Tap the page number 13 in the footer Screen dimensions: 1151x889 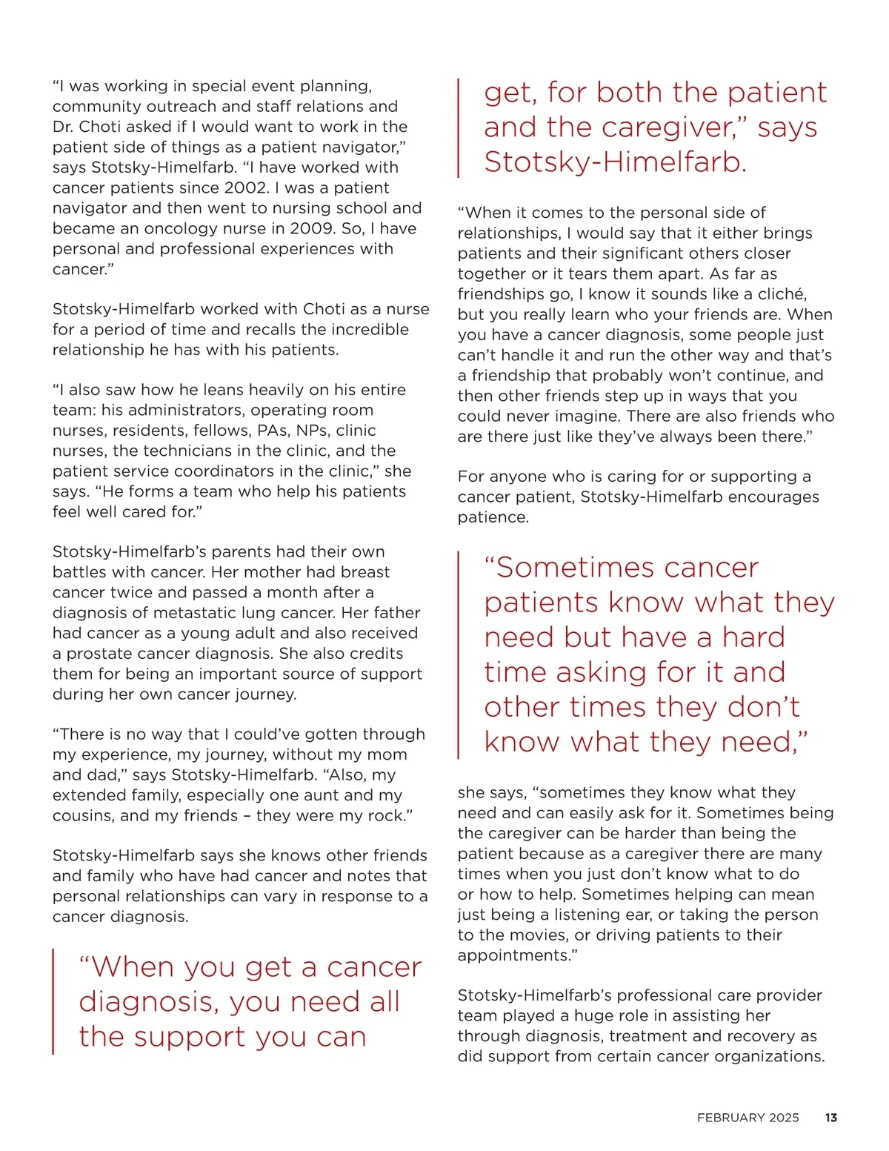coord(830,1118)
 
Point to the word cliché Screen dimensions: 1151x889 coord(782,294)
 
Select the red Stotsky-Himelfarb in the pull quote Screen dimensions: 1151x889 coord(615,162)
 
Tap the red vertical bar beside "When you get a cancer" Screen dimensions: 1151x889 coord(53,1001)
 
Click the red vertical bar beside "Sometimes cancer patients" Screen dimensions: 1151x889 coord(459,654)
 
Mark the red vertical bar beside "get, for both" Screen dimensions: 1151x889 coord(459,127)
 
